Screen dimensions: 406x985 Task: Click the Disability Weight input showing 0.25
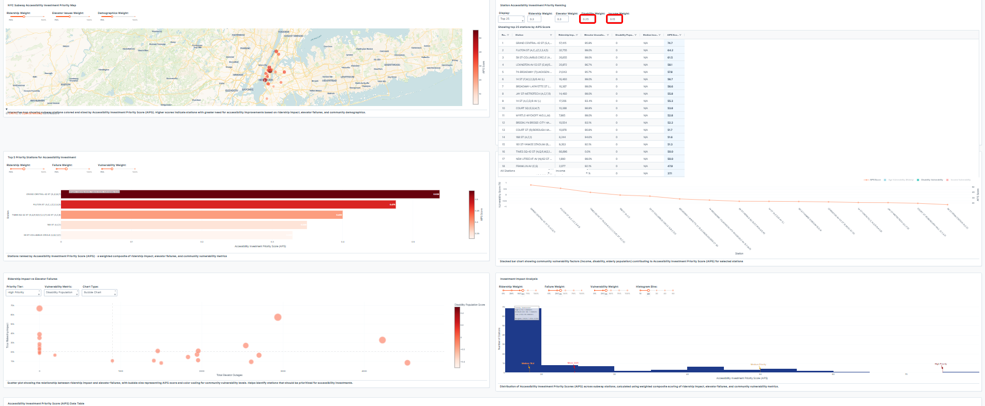coord(587,19)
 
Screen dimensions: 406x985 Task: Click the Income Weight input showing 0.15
coord(614,19)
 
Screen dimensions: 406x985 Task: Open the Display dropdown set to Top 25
coord(511,19)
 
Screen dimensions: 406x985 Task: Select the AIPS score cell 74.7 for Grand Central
coord(670,43)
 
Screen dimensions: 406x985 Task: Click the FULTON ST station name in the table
coord(533,50)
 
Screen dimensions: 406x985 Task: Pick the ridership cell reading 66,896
coord(563,152)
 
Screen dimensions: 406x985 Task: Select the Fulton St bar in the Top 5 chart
coord(228,204)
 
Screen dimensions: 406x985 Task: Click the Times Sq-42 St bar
coord(202,215)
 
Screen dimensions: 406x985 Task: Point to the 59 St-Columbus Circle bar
coord(176,235)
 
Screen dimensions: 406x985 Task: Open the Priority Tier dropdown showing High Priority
coord(23,293)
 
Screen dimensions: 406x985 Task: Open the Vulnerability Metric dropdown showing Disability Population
coord(62,293)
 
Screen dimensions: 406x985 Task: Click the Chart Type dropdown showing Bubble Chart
coord(100,293)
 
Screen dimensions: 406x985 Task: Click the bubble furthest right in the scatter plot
coord(407,363)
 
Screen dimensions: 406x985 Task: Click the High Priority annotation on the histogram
coord(941,364)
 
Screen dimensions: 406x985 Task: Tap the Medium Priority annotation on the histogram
coord(758,365)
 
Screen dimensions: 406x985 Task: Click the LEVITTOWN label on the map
coord(347,77)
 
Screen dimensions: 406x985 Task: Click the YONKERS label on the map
coord(284,32)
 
